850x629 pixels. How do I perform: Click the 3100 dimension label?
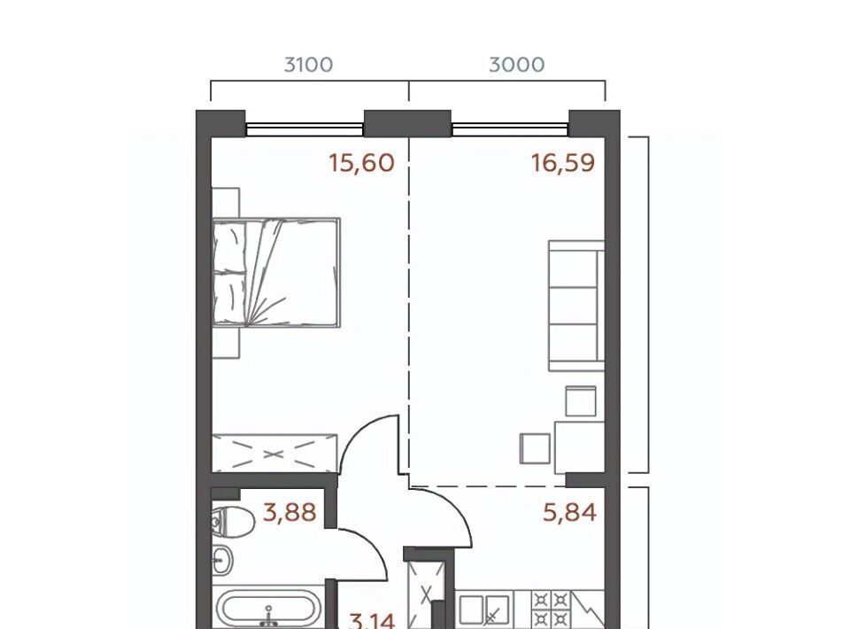coord(308,65)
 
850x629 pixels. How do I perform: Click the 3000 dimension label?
coord(516,65)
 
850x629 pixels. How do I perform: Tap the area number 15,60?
coord(361,163)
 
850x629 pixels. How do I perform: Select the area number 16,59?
coord(563,163)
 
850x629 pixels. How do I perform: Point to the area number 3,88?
coord(290,512)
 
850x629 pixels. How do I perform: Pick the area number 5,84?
coord(569,512)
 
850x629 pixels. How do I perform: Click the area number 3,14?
coord(372,620)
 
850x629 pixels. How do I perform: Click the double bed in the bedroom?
coord(276,273)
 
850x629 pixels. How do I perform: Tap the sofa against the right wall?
coord(576,306)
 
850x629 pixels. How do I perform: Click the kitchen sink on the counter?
coord(485,610)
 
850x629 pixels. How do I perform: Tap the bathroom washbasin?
coord(222,560)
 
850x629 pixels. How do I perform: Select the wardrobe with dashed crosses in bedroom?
coord(274,453)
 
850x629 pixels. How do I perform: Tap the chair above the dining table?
coord(581,400)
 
